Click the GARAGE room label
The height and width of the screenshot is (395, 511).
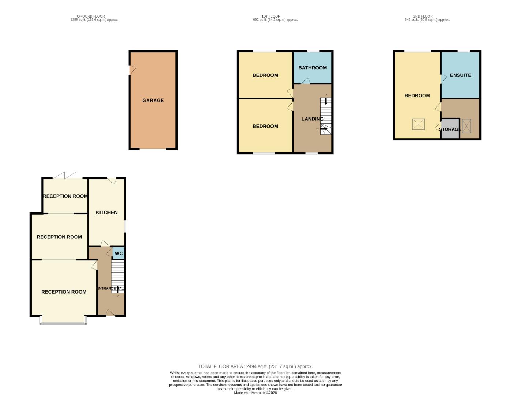point(153,100)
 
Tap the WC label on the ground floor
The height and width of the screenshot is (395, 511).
point(118,253)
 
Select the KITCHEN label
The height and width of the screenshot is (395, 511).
point(106,212)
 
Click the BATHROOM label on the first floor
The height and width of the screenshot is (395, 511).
point(312,68)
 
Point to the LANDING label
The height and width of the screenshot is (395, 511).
point(312,119)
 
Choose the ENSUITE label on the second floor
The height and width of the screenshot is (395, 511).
point(460,75)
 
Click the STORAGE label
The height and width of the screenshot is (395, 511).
point(450,129)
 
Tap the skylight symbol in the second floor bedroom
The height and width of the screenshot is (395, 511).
point(418,124)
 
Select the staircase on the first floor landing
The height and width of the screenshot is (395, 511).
point(326,116)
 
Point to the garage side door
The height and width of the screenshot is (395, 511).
point(132,70)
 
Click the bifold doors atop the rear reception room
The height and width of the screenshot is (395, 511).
point(65,176)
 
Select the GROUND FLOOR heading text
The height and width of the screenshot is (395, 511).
point(91,16)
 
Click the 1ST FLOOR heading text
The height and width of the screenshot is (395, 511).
point(271,16)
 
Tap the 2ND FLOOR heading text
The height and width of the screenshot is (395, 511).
point(423,16)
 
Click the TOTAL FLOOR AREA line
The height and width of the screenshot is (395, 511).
point(255,366)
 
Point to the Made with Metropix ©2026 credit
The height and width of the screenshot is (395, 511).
point(255,393)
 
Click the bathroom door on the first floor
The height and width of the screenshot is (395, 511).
point(306,82)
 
